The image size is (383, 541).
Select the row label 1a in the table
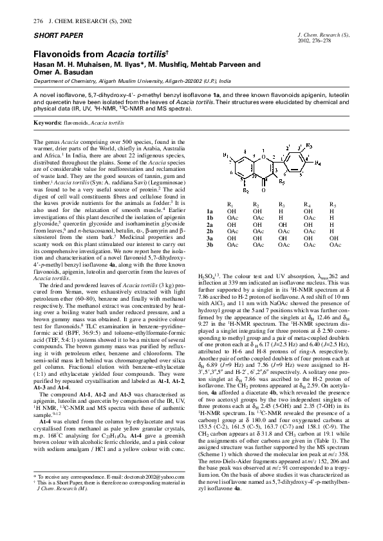pos(209,211)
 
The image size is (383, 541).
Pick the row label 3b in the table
pos(209,245)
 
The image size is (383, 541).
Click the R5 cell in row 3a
pos(332,238)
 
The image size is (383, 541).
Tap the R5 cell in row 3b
pos(332,245)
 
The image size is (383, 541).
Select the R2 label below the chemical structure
pos(247,190)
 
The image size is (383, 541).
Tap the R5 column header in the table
pos(332,204)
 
